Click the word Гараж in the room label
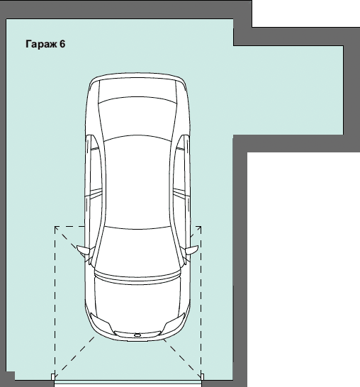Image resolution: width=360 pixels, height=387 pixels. tap(41, 44)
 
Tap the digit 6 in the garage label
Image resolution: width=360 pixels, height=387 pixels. tap(62, 44)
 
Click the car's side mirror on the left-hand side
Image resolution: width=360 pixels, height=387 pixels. tap(84, 249)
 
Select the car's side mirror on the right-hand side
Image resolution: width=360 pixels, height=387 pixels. tap(192, 249)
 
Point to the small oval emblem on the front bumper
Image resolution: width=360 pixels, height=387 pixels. tap(137, 335)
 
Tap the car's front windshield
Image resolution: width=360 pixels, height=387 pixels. tap(137, 249)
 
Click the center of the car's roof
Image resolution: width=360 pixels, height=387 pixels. tap(137, 181)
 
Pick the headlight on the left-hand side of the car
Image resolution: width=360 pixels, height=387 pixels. tap(100, 322)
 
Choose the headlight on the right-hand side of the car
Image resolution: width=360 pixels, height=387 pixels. tap(174, 322)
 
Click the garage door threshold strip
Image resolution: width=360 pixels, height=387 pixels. tap(128, 382)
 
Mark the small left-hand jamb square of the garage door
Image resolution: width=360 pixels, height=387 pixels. tap(53, 376)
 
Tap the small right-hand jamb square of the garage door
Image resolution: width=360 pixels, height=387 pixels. tap(203, 376)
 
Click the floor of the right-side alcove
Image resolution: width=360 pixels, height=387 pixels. tap(288, 90)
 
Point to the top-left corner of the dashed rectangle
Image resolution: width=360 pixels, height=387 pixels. tap(55, 226)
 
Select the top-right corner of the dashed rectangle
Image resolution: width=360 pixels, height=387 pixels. tap(201, 226)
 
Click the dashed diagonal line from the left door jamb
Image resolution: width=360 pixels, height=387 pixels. tap(74, 357)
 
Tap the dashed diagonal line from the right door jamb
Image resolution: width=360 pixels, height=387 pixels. tap(182, 359)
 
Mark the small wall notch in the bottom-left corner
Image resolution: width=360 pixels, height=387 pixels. tap(11, 376)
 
